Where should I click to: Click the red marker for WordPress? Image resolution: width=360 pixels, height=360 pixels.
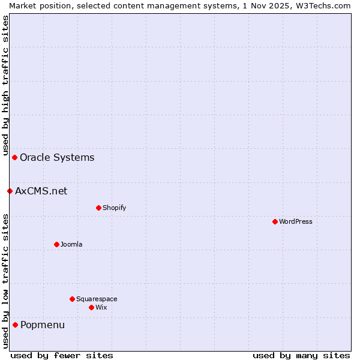[x=275, y=221]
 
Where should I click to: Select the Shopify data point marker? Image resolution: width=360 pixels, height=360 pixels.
[x=98, y=208]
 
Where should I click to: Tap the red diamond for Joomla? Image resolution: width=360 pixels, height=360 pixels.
[x=56, y=244]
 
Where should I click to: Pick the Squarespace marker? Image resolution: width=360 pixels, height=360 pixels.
[x=72, y=299]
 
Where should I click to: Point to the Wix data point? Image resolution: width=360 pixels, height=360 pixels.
[x=91, y=307]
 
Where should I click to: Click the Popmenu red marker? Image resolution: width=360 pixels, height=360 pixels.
[x=15, y=325]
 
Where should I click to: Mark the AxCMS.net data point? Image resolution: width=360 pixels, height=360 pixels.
[x=10, y=191]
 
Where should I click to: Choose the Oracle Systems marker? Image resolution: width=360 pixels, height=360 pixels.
[x=14, y=157]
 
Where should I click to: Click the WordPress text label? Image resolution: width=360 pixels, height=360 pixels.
[x=296, y=221]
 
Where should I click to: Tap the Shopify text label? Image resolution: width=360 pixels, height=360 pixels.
[x=114, y=208]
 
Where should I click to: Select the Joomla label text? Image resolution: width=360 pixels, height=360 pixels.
[x=71, y=244]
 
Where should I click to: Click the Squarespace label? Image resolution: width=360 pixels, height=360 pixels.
[x=97, y=299]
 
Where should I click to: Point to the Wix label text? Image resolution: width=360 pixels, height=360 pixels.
[x=101, y=307]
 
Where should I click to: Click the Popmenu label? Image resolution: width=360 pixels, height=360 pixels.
[x=43, y=325]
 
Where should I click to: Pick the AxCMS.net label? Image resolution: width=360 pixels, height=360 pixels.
[x=41, y=191]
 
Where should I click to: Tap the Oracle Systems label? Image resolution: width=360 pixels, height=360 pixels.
[x=57, y=157]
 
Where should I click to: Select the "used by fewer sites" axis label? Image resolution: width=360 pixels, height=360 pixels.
[x=62, y=355]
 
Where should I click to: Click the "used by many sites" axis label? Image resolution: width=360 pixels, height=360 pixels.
[x=301, y=355]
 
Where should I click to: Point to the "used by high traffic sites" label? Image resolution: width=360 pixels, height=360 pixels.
[x=5, y=84]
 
